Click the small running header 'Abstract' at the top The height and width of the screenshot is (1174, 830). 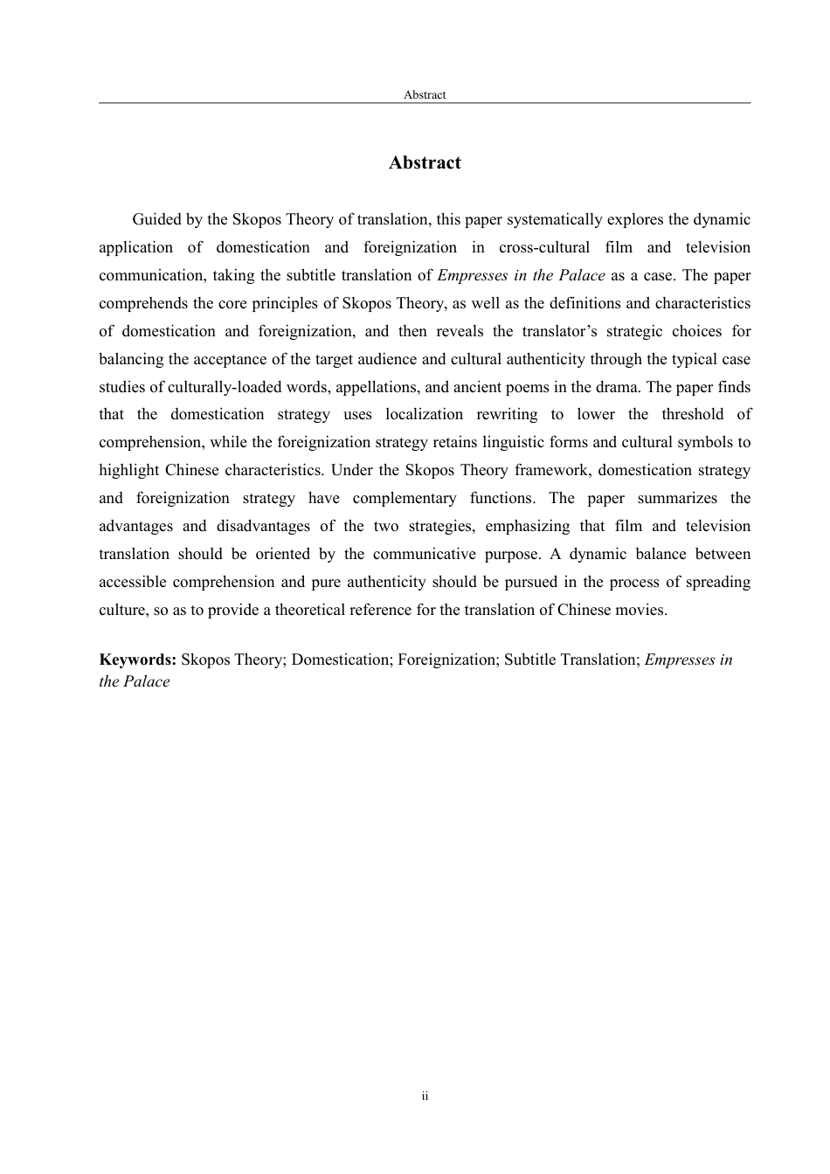point(425,95)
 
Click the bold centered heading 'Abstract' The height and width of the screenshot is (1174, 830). point(425,163)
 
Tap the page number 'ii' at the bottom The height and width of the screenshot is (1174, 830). point(425,1096)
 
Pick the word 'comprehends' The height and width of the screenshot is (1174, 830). point(142,304)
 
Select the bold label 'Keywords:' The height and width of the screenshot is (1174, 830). point(138,660)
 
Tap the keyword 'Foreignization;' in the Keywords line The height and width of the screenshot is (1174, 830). point(448,660)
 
